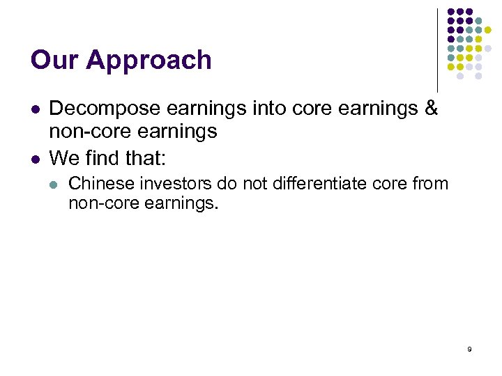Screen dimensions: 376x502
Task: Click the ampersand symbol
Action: click(x=430, y=109)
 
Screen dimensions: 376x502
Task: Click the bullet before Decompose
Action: click(x=34, y=109)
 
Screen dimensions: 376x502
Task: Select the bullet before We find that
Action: click(x=34, y=159)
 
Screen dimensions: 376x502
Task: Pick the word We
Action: click(x=63, y=158)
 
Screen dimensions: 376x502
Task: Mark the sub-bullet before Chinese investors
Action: click(x=55, y=185)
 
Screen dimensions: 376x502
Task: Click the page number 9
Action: click(x=469, y=349)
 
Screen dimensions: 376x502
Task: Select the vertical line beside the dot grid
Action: click(x=438, y=49)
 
